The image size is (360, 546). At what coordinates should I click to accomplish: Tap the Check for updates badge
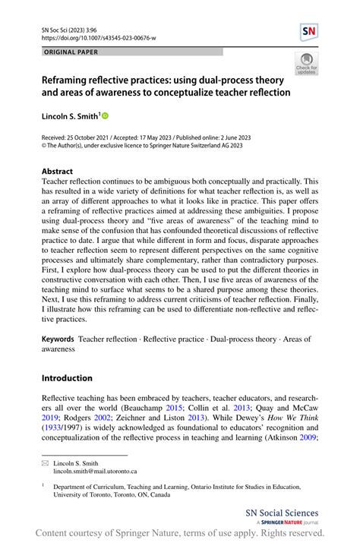click(308, 64)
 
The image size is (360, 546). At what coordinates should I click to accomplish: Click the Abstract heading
click(58, 172)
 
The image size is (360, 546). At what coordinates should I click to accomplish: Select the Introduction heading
click(67, 378)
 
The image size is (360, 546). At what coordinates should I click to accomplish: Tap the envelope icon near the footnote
click(45, 462)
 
